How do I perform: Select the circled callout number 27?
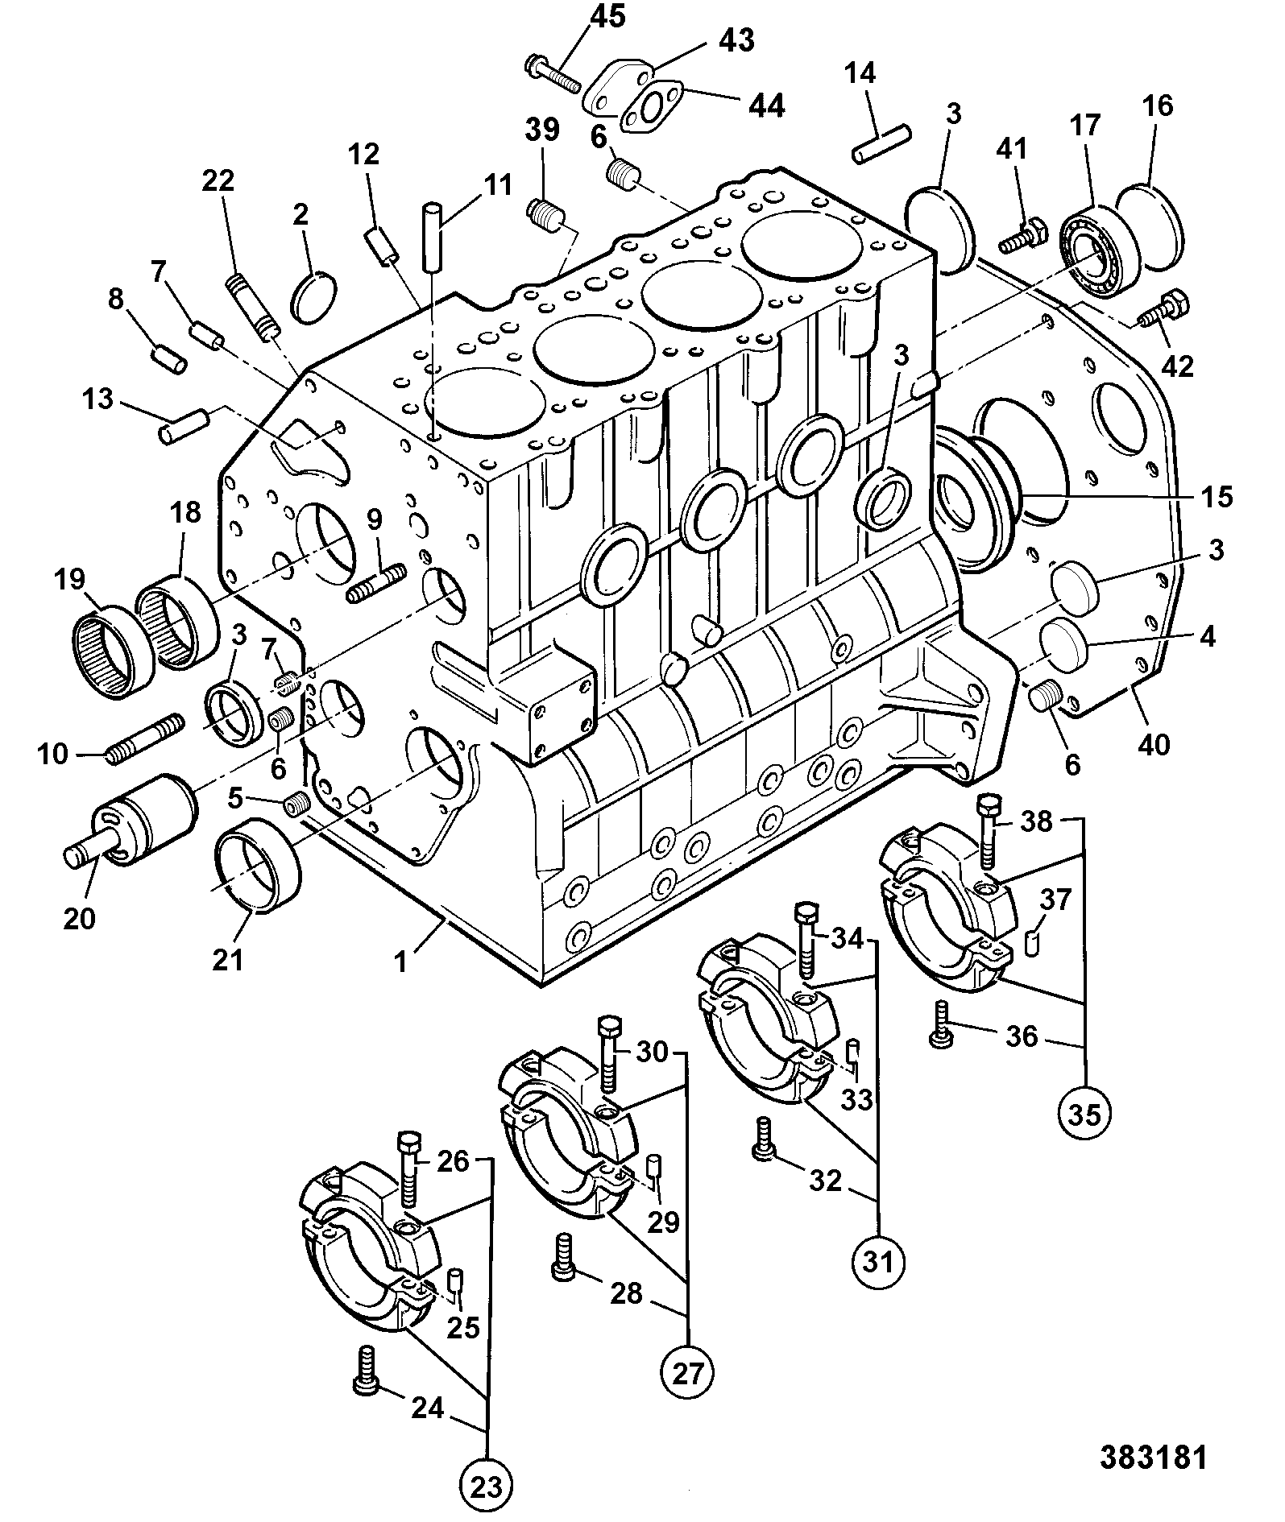[x=688, y=1371]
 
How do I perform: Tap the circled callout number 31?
[x=879, y=1260]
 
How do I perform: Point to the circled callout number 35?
[x=1085, y=1114]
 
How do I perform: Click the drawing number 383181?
[x=1154, y=1458]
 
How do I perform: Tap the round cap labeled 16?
[x=1150, y=226]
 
